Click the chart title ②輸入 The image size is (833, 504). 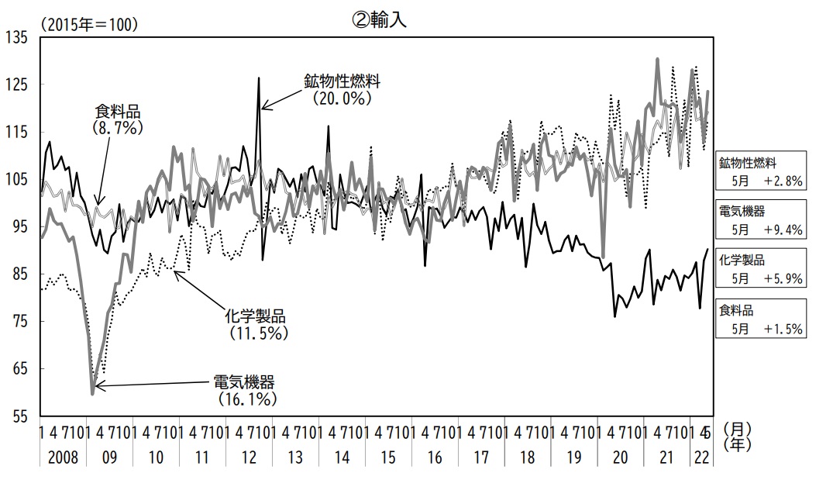[x=379, y=22]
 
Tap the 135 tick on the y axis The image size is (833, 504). [x=16, y=37]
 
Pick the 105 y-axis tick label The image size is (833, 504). [x=16, y=180]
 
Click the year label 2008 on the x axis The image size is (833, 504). [x=64, y=457]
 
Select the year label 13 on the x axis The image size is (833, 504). [x=295, y=457]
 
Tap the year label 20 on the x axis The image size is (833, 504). [x=620, y=457]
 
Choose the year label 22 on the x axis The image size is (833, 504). [x=702, y=457]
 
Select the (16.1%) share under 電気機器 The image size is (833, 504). [x=243, y=399]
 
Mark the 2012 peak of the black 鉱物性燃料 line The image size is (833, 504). [x=259, y=78]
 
